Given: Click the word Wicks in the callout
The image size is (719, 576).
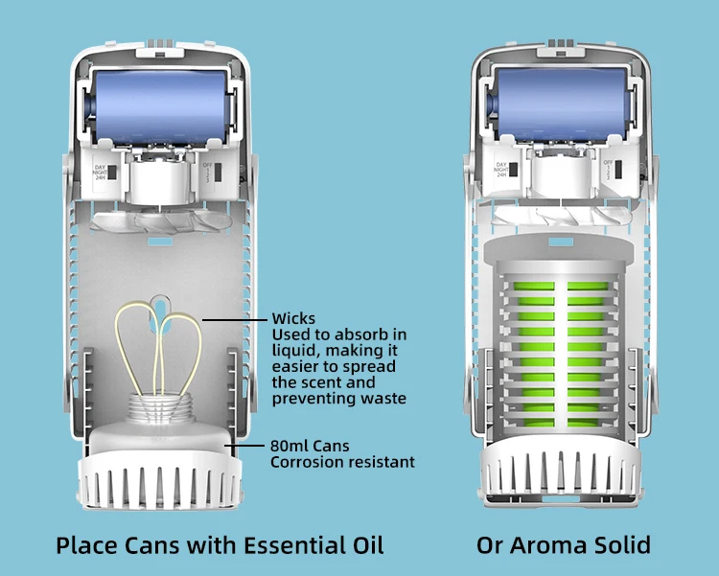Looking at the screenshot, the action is [292, 318].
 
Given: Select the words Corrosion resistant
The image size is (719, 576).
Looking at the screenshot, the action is [342, 462].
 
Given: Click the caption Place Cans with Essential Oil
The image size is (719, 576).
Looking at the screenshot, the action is [220, 545].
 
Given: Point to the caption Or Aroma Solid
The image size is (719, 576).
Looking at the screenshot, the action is [564, 545].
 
